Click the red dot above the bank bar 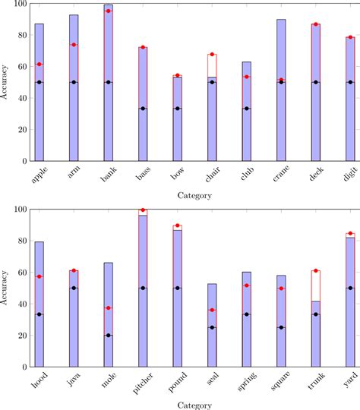[109, 11]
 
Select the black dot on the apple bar [39, 82]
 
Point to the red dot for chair [212, 55]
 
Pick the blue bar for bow [178, 121]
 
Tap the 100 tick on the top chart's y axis [18, 4]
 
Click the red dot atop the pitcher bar [143, 210]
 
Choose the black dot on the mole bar [109, 335]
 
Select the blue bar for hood [39, 304]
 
